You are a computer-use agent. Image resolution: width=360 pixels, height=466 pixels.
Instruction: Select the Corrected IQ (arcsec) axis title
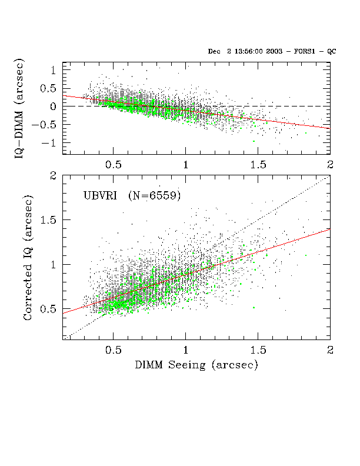[x=28, y=257]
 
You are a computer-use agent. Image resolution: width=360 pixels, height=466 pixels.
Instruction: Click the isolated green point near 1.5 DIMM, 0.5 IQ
[x=254, y=308]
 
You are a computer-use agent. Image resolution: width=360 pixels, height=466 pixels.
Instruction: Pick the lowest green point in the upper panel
[x=254, y=141]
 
